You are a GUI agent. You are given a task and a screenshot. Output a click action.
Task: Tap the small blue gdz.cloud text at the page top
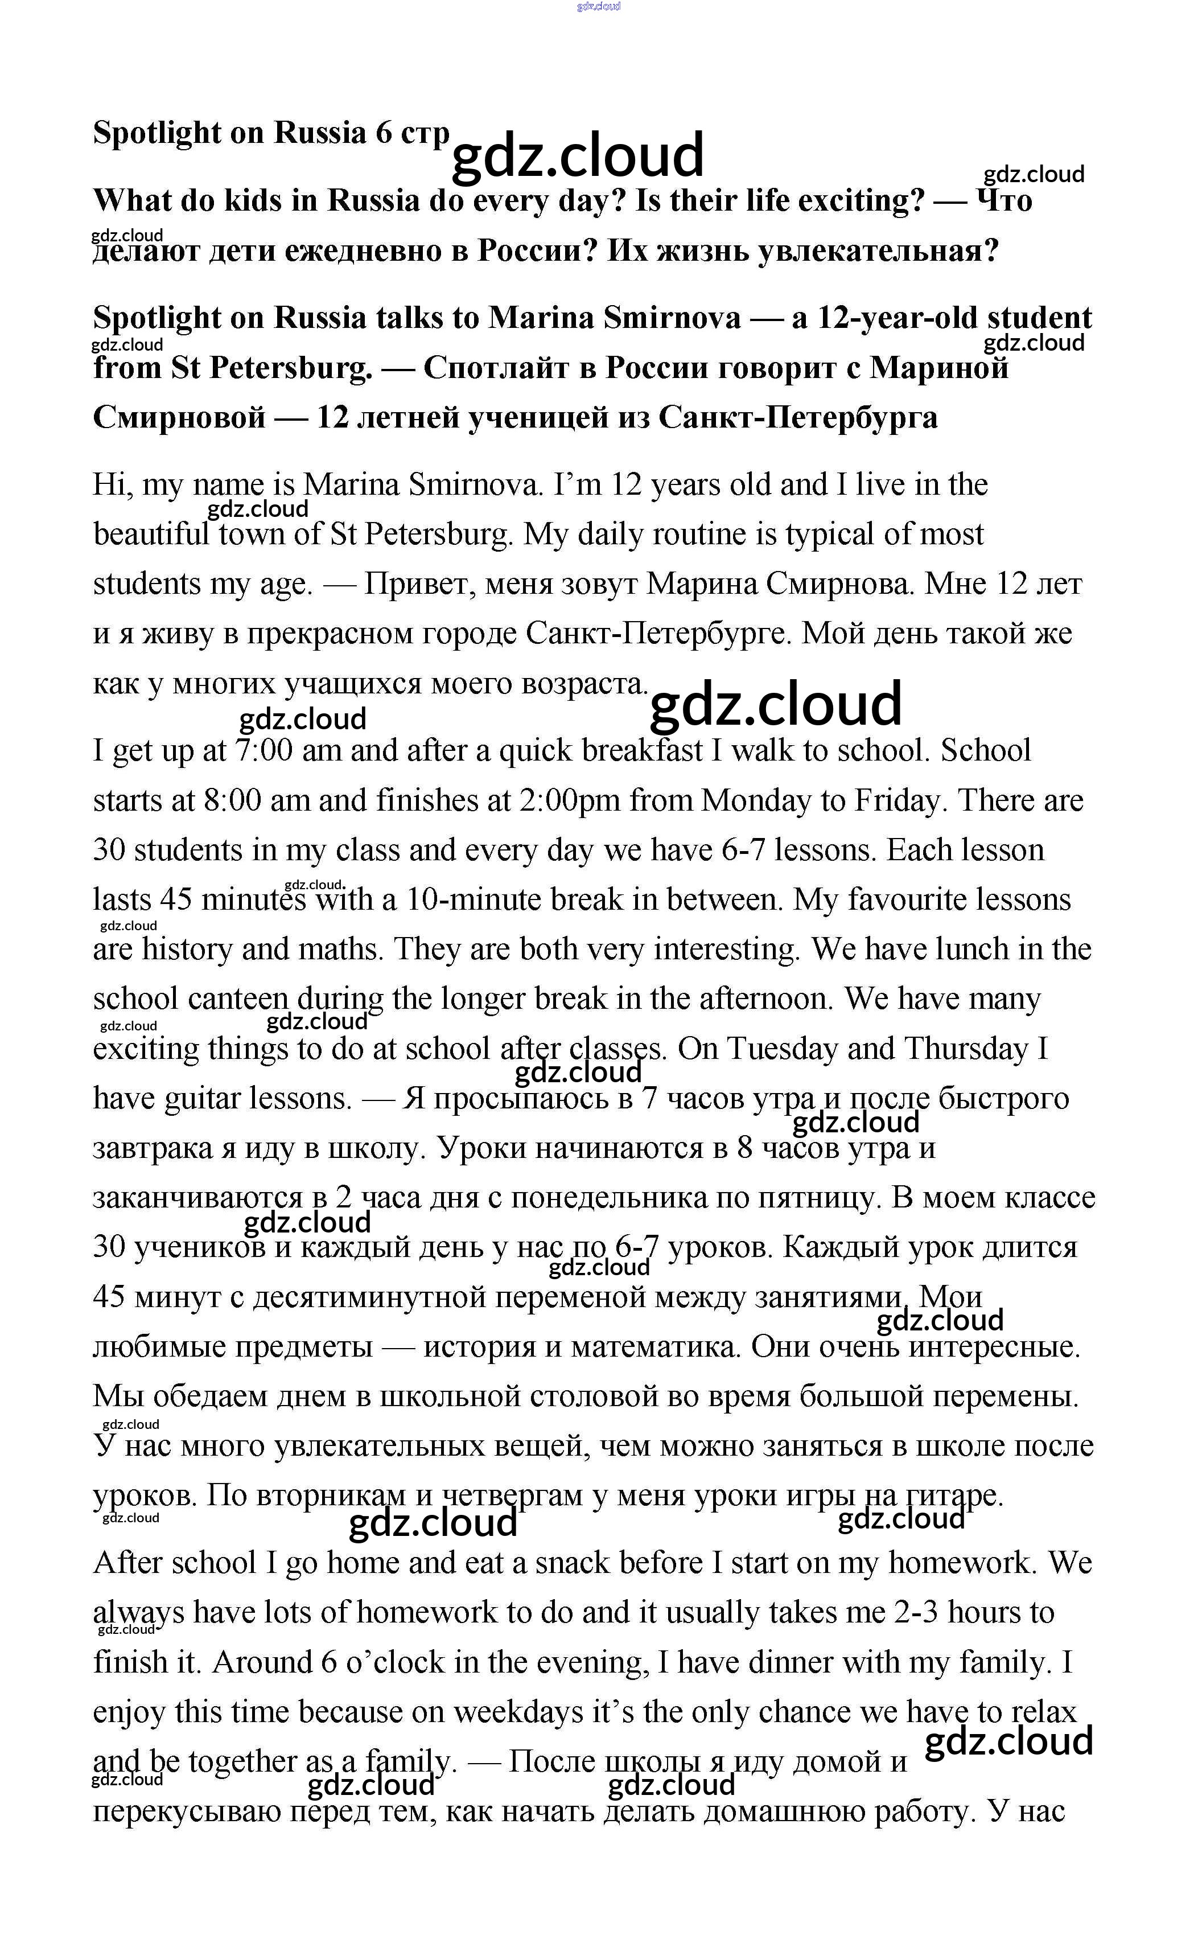pos(599,6)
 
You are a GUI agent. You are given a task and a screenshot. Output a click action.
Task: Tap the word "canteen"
pos(238,999)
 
